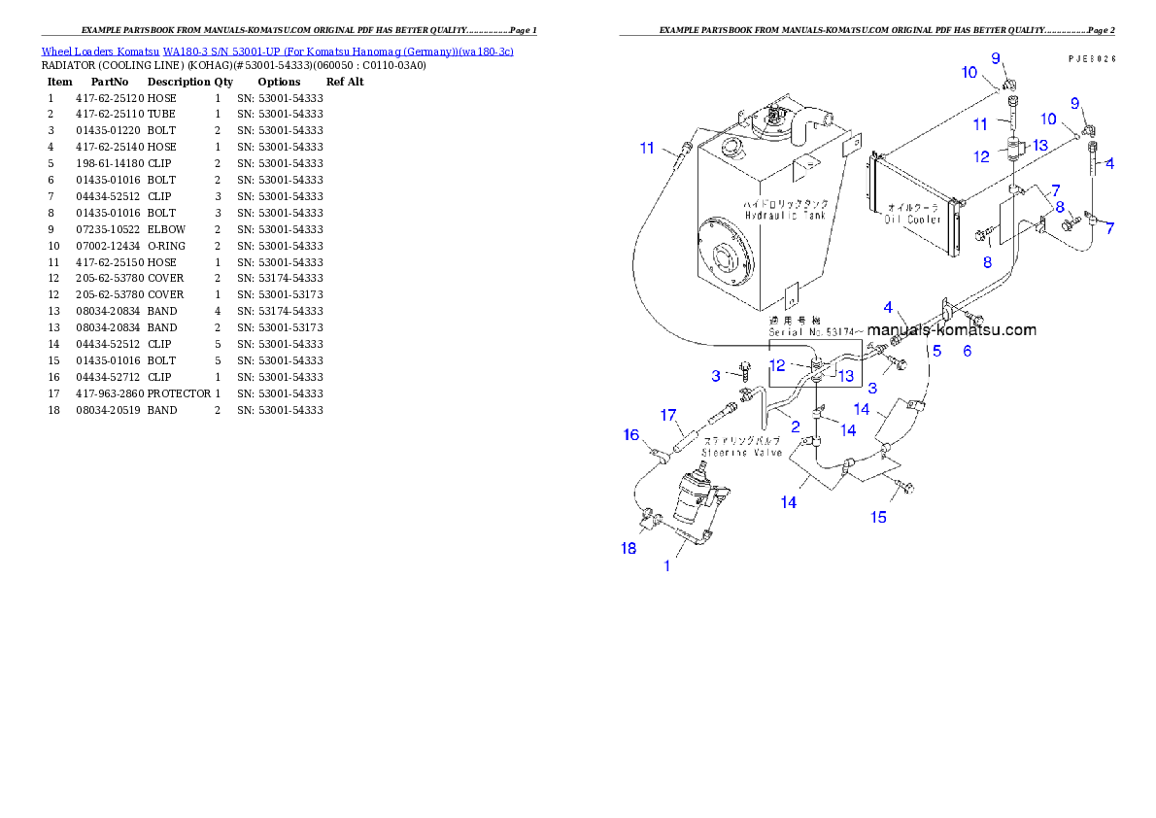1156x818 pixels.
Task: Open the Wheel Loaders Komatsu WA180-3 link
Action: [277, 51]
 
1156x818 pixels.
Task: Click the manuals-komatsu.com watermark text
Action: [951, 329]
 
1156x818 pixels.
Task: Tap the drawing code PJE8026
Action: [1091, 58]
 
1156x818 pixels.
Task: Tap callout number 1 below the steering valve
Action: [666, 566]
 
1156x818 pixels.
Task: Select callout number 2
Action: [795, 426]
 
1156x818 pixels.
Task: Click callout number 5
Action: [936, 351]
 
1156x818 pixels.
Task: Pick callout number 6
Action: [967, 351]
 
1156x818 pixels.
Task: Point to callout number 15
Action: [878, 517]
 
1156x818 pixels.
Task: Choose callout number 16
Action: [631, 434]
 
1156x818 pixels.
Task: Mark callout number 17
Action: [668, 416]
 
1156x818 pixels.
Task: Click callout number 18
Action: [629, 548]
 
